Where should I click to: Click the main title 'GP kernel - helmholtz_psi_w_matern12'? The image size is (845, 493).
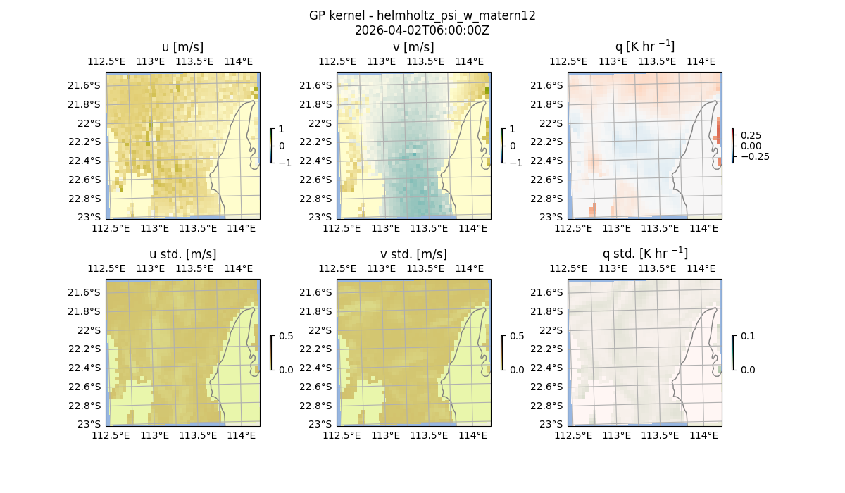tap(422, 15)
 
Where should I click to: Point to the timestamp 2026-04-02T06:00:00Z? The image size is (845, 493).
tap(422, 30)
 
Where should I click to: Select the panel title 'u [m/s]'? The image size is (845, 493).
tap(182, 47)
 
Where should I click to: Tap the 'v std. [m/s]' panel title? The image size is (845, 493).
tap(413, 254)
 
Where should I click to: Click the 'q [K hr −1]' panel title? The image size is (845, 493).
tap(644, 46)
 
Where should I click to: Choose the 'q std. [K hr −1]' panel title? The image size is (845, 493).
tap(644, 254)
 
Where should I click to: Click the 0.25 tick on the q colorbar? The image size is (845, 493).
tap(750, 135)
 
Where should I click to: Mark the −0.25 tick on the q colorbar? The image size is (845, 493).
tap(753, 156)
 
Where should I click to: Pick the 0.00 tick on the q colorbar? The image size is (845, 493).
tap(751, 146)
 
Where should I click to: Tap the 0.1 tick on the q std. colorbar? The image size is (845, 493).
tap(748, 337)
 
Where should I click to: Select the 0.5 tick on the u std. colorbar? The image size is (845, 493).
tap(286, 337)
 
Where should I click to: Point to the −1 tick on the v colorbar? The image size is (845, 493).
tap(516, 162)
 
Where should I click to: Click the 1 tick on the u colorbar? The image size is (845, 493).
tap(282, 130)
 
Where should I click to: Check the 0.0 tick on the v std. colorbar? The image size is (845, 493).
tap(517, 369)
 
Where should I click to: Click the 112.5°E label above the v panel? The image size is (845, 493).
tap(333, 61)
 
